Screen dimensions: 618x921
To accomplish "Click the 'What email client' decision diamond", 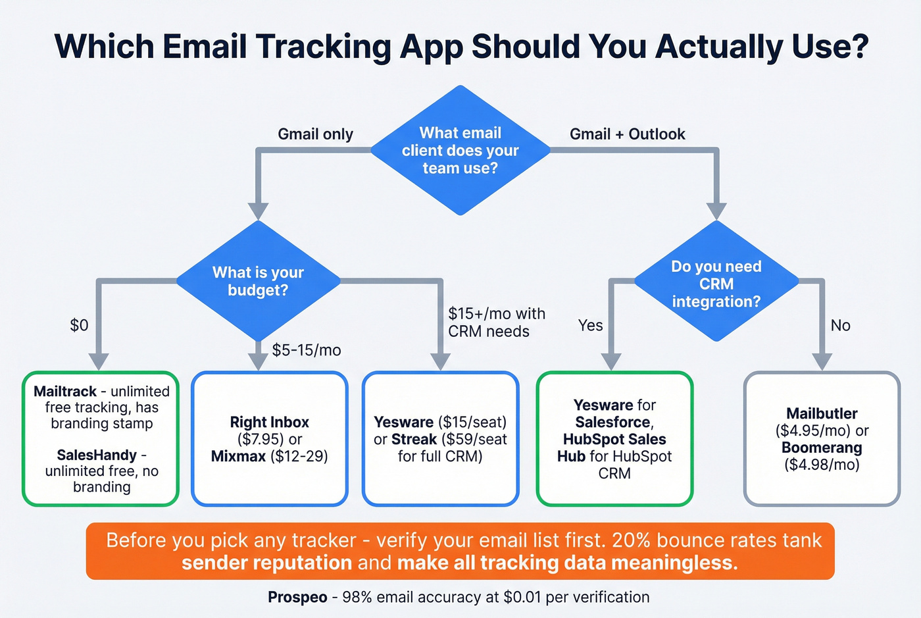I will pos(460,150).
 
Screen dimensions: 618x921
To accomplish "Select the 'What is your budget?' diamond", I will pos(258,281).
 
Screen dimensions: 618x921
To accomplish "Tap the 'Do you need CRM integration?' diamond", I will pos(716,284).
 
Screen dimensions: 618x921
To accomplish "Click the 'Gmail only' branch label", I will pos(315,134).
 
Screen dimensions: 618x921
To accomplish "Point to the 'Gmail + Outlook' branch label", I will pos(627,134).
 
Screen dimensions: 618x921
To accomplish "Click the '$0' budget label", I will pos(79,325).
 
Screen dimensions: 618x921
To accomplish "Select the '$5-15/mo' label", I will pos(307,350).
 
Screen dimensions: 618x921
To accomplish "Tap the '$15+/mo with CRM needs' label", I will pos(496,322).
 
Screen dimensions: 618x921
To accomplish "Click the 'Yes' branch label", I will pos(590,325).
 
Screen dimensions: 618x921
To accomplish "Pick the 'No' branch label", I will pos(840,325).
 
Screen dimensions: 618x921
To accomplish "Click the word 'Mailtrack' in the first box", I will pos(65,392).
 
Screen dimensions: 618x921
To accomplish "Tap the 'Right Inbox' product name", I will pos(269,422).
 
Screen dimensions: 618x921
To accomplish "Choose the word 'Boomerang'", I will pos(822,448).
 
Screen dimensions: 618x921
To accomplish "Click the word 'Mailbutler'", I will pos(822,413).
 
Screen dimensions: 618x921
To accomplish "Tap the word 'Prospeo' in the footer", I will pos(297,597).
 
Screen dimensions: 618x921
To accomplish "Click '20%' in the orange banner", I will pos(631,540).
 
